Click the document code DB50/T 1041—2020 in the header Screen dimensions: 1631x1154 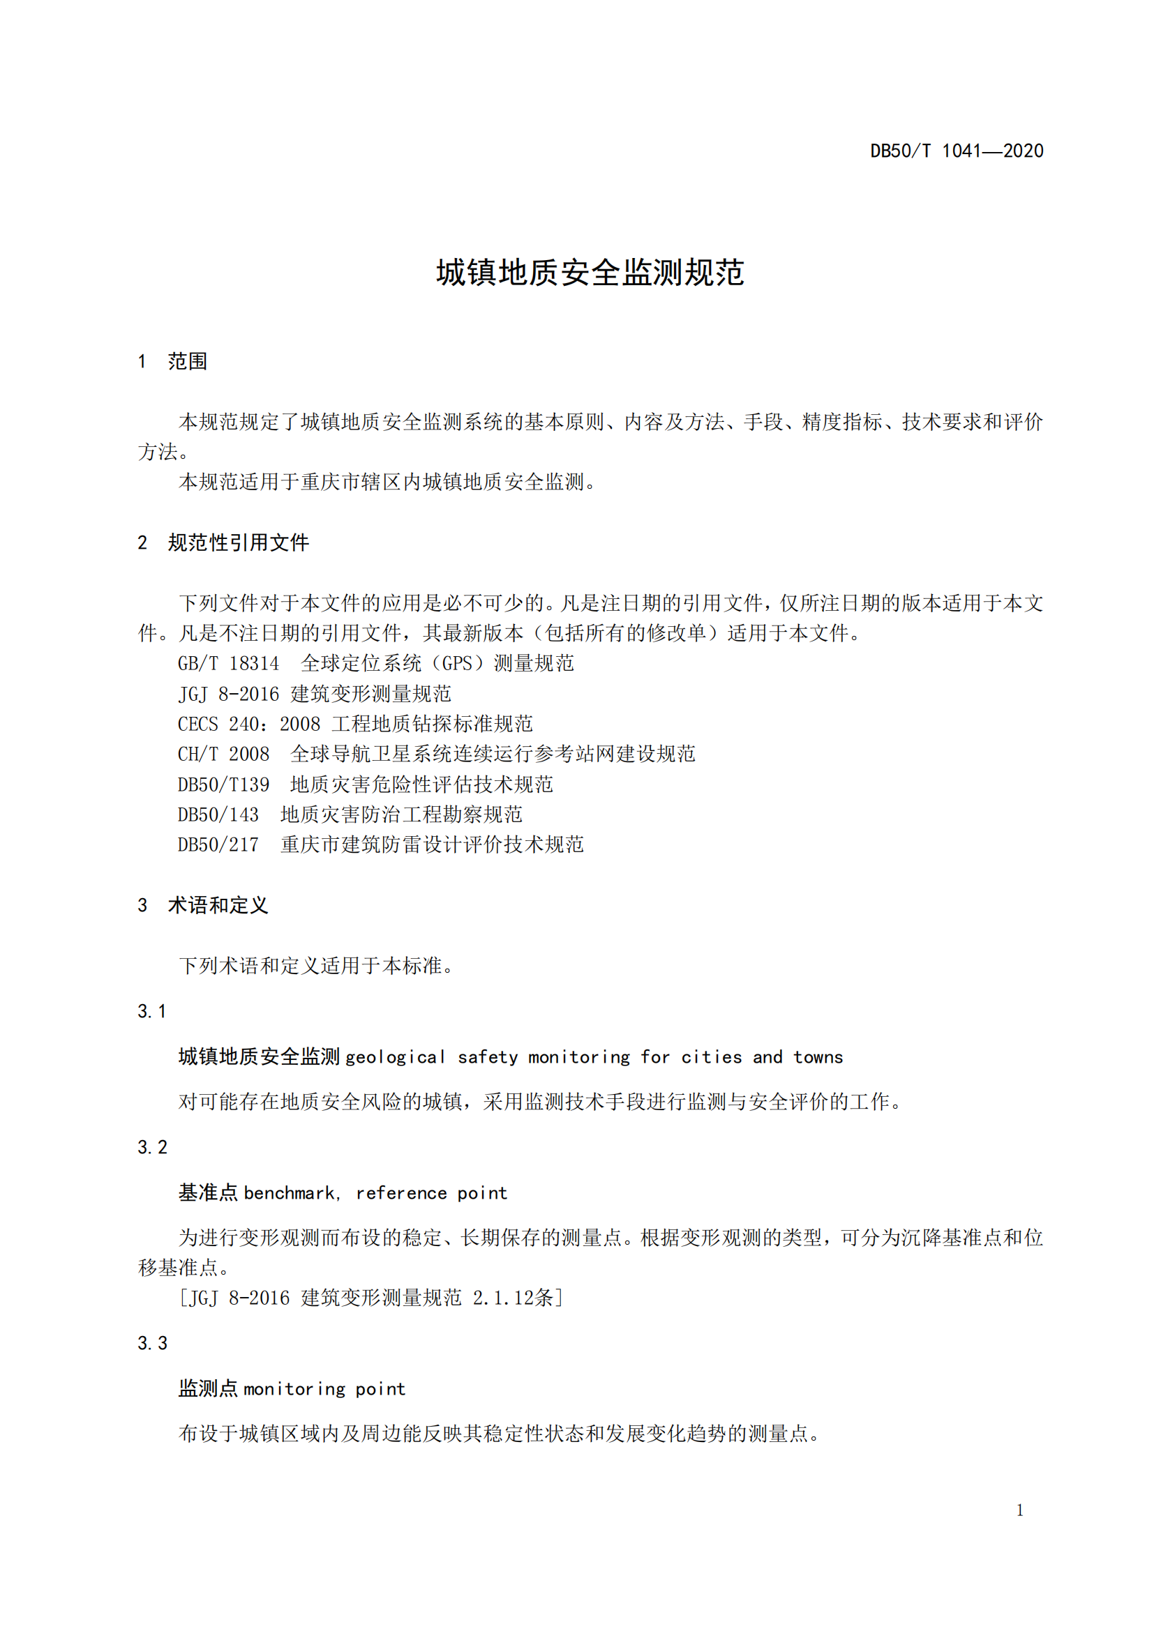957,151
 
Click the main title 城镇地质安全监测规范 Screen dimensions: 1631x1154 590,273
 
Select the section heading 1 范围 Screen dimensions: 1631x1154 172,362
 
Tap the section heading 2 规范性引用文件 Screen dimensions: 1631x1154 223,543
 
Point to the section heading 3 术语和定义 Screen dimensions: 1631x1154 203,905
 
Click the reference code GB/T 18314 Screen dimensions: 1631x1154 228,663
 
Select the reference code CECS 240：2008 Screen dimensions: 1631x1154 248,724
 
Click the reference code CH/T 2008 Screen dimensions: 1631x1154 223,754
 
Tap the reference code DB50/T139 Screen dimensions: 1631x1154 223,784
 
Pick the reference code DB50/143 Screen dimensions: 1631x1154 218,814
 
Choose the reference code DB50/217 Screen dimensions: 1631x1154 218,844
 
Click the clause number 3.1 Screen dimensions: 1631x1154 152,1011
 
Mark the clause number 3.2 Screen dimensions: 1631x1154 152,1146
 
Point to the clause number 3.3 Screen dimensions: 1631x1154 152,1342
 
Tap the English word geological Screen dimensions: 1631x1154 396,1057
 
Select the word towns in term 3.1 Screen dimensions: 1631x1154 818,1057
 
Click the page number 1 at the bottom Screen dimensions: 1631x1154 1020,1510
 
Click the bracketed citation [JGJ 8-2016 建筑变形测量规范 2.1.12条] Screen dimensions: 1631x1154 371,1298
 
